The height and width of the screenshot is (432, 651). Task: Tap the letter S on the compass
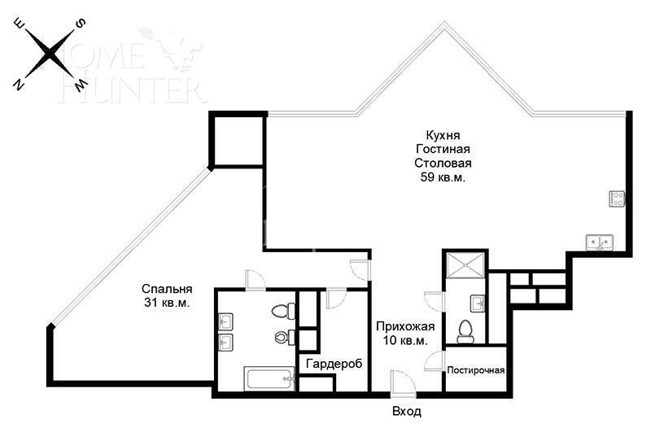click(x=81, y=24)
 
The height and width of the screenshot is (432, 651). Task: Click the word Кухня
click(x=443, y=135)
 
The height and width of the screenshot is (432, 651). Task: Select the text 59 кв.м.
click(x=443, y=177)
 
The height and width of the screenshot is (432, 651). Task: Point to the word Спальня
click(x=167, y=289)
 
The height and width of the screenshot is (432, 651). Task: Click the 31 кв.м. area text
click(x=167, y=303)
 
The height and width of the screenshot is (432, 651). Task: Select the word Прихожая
click(x=404, y=326)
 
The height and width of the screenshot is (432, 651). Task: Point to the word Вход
click(x=406, y=412)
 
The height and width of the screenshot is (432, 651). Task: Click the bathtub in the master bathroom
click(x=269, y=379)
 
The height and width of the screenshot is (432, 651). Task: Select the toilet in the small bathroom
click(x=466, y=329)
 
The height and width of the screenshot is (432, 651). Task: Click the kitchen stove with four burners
click(x=617, y=198)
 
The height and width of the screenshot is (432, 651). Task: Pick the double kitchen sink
click(x=600, y=242)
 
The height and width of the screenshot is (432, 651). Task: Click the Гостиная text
click(x=443, y=149)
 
